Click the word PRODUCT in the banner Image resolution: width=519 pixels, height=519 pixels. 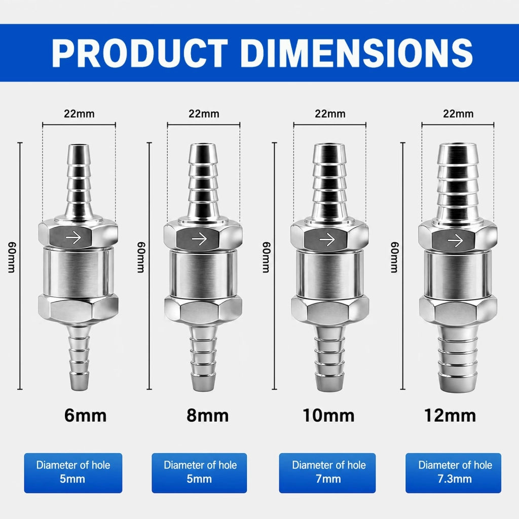(140, 53)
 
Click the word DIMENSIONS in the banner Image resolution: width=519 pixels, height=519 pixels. (356, 53)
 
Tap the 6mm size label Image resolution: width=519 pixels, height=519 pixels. (85, 415)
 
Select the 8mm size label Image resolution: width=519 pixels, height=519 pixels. (207, 415)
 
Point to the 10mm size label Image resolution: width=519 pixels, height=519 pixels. (328, 415)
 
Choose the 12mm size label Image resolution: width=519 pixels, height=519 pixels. (450, 415)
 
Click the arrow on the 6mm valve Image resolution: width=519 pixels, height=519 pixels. (73, 238)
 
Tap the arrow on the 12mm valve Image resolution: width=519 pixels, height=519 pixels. (455, 240)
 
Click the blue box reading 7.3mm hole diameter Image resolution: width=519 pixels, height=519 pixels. (453, 473)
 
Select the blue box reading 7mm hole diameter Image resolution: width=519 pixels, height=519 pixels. (327, 473)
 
